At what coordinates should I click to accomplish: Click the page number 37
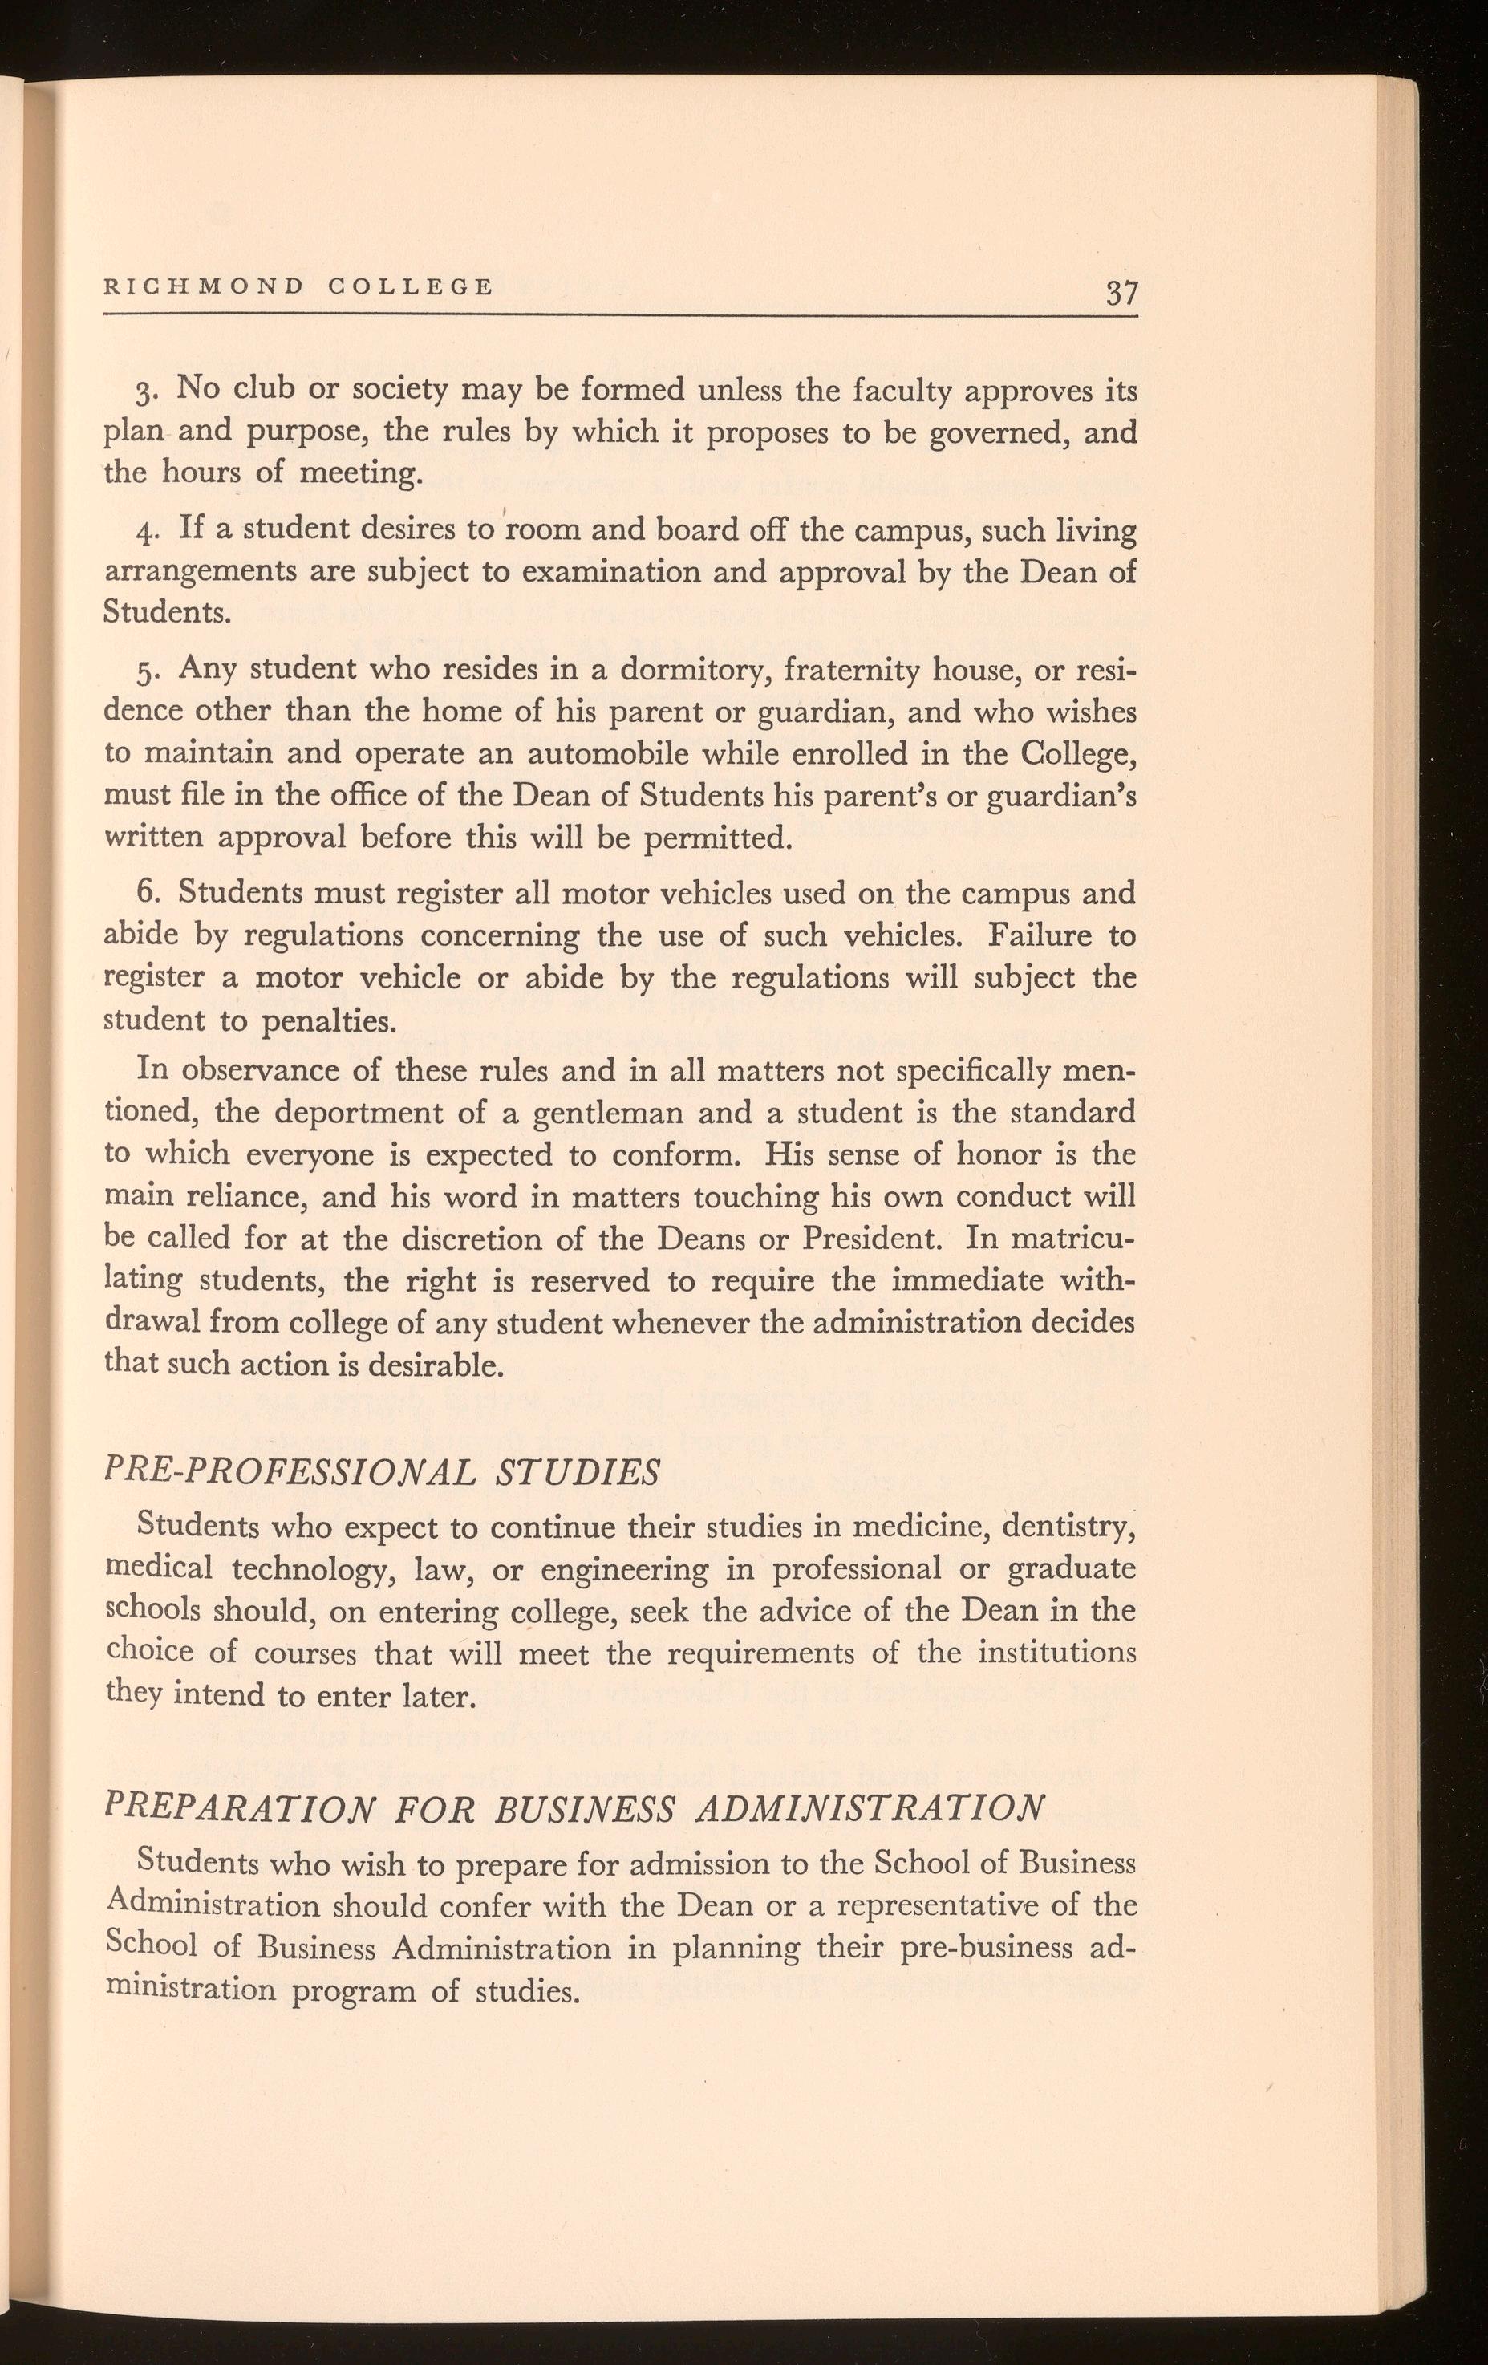click(x=1121, y=293)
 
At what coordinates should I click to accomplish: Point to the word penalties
click(x=328, y=1021)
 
